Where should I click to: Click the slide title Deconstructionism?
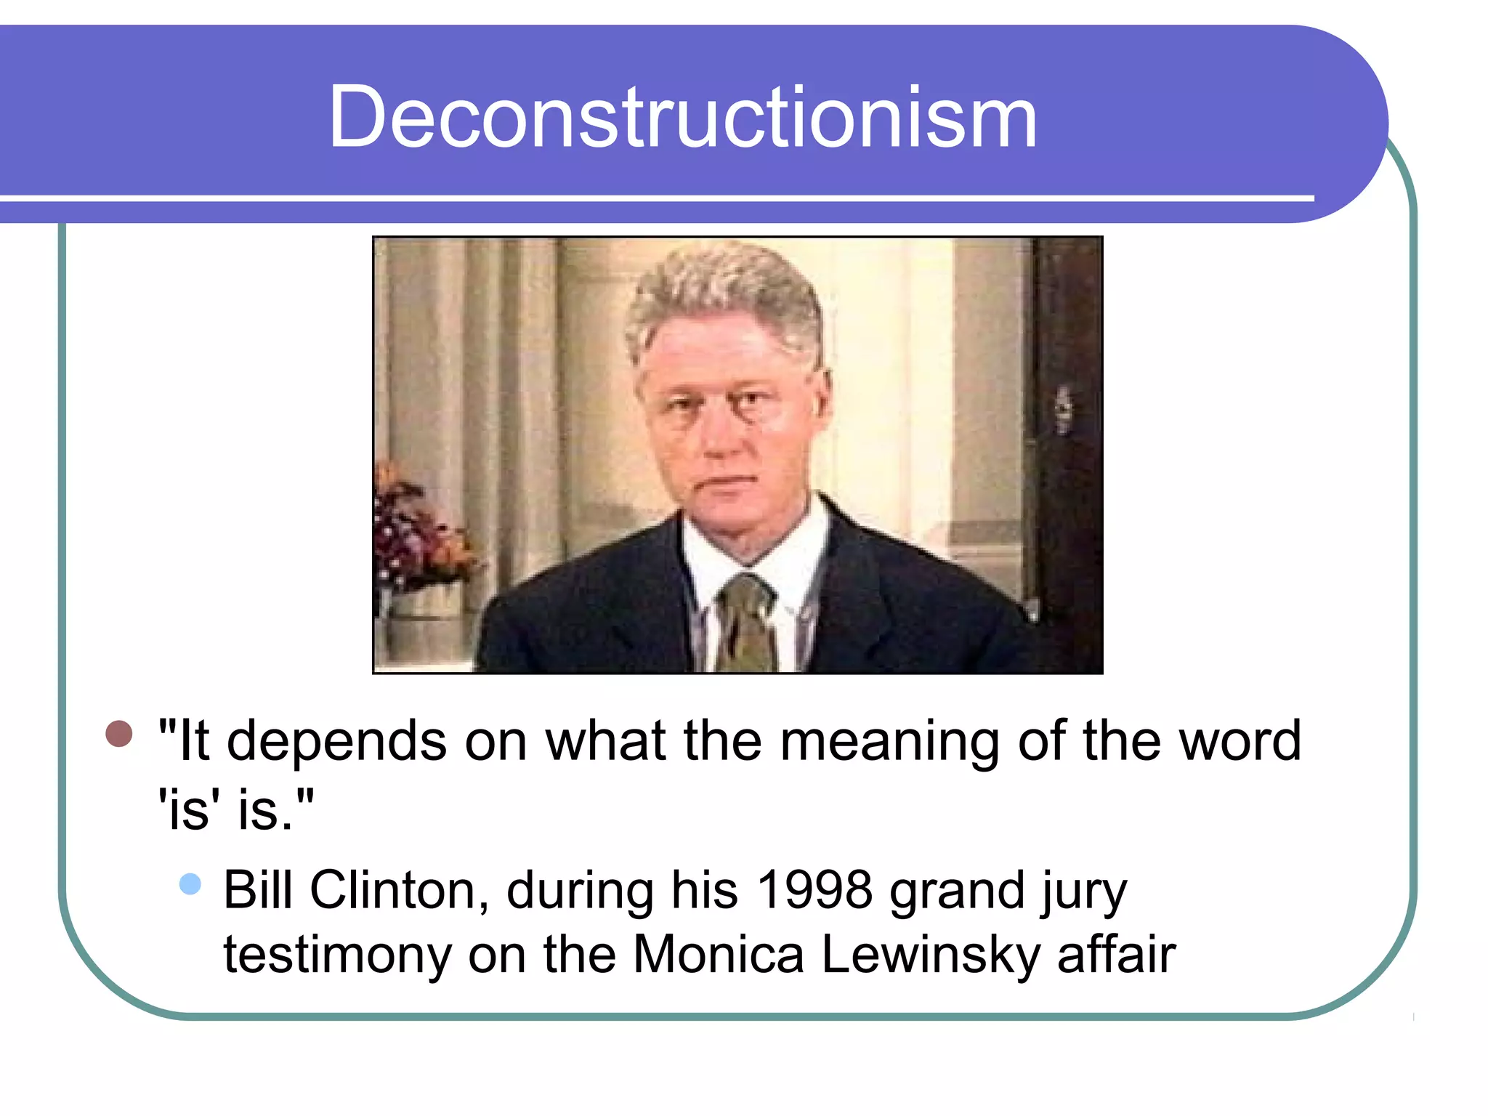682,118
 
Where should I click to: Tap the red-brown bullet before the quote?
119,733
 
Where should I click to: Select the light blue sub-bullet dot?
190,883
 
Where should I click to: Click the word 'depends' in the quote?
336,742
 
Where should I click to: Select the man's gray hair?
723,291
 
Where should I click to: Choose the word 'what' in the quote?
605,742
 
